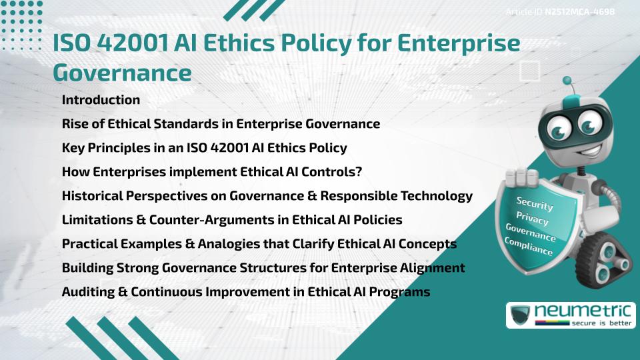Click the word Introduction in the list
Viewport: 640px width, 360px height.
[101, 100]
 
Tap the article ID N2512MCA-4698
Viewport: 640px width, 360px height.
[579, 12]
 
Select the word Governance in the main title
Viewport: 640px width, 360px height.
[121, 72]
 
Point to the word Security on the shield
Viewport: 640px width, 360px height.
[535, 204]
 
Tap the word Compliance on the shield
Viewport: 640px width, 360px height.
[528, 246]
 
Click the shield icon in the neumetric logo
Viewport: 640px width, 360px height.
[521, 315]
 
